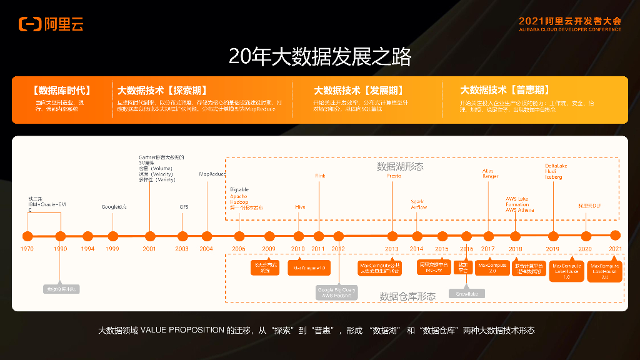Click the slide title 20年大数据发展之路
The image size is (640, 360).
click(319, 57)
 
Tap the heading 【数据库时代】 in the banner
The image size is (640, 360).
click(62, 91)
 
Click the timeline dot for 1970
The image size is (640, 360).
click(27, 236)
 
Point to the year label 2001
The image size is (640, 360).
click(149, 249)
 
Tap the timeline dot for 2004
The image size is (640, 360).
click(207, 236)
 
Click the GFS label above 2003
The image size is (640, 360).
click(184, 206)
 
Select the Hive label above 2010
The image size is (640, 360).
click(300, 206)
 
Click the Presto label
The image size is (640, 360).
click(394, 176)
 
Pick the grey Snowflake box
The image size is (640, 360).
click(466, 293)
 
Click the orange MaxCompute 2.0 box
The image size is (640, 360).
click(492, 267)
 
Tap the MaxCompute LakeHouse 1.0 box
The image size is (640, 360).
click(566, 271)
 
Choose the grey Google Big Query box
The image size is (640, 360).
click(337, 292)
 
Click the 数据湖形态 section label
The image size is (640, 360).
click(400, 167)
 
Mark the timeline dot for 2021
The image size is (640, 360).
click(615, 236)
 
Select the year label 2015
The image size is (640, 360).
click(442, 249)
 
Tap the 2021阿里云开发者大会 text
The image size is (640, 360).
click(569, 21)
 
